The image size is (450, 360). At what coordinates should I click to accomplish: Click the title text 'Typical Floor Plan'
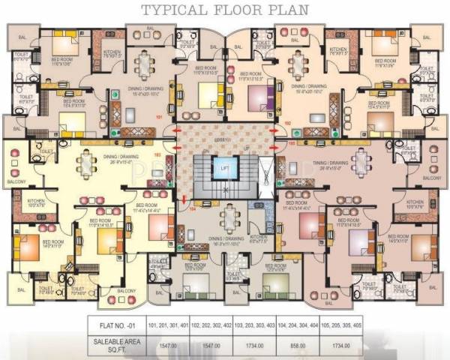click(224, 11)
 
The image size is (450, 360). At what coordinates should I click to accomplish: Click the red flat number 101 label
click(159, 118)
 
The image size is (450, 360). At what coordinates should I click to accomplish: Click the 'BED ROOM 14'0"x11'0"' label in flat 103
click(53, 244)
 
